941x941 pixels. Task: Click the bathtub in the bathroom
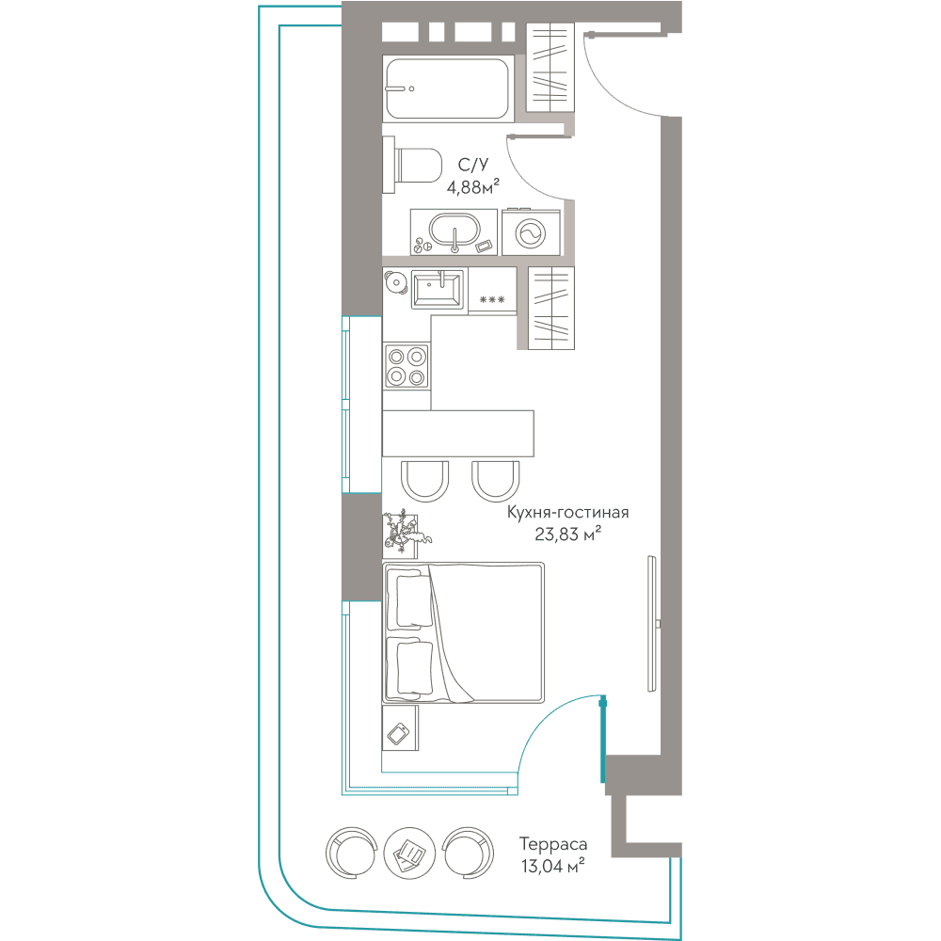[x=448, y=88]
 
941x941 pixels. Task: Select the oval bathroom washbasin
[x=455, y=231]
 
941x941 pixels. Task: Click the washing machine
[x=531, y=232]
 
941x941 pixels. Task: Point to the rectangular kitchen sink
[x=437, y=289]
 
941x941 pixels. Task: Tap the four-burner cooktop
[x=407, y=366]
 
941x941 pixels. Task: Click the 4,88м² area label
[x=473, y=187]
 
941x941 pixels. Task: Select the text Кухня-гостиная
[x=567, y=513]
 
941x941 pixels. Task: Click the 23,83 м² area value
[x=567, y=534]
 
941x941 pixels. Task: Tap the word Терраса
[x=552, y=844]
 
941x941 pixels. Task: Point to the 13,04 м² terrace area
[x=552, y=866]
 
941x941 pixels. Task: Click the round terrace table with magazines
[x=409, y=853]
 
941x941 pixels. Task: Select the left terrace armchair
[x=351, y=853]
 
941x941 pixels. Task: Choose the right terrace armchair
[x=468, y=853]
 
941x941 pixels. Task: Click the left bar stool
[x=425, y=481]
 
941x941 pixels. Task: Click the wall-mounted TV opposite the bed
[x=652, y=624]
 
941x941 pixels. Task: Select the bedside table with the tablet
[x=400, y=728]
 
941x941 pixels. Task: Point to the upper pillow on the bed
[x=411, y=601]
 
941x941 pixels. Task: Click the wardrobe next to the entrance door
[x=550, y=67]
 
